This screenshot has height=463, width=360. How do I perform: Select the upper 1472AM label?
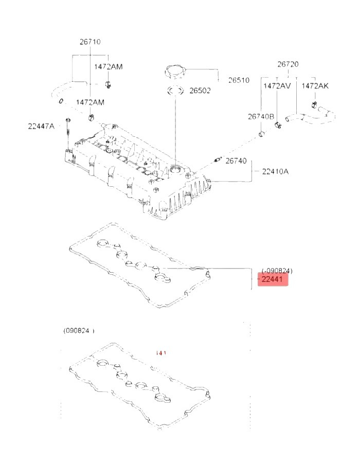(108, 67)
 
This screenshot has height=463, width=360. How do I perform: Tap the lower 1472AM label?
(90, 102)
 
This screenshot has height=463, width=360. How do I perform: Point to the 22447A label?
(42, 126)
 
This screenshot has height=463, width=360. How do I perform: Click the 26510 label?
(239, 80)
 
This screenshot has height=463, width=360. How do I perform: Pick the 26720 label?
(287, 65)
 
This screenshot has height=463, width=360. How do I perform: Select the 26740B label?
(261, 117)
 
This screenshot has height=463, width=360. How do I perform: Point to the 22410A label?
(275, 171)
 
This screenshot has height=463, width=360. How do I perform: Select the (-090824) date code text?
(277, 270)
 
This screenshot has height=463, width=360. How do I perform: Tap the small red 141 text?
(161, 352)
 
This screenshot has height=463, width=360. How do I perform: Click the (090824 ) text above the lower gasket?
(79, 330)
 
